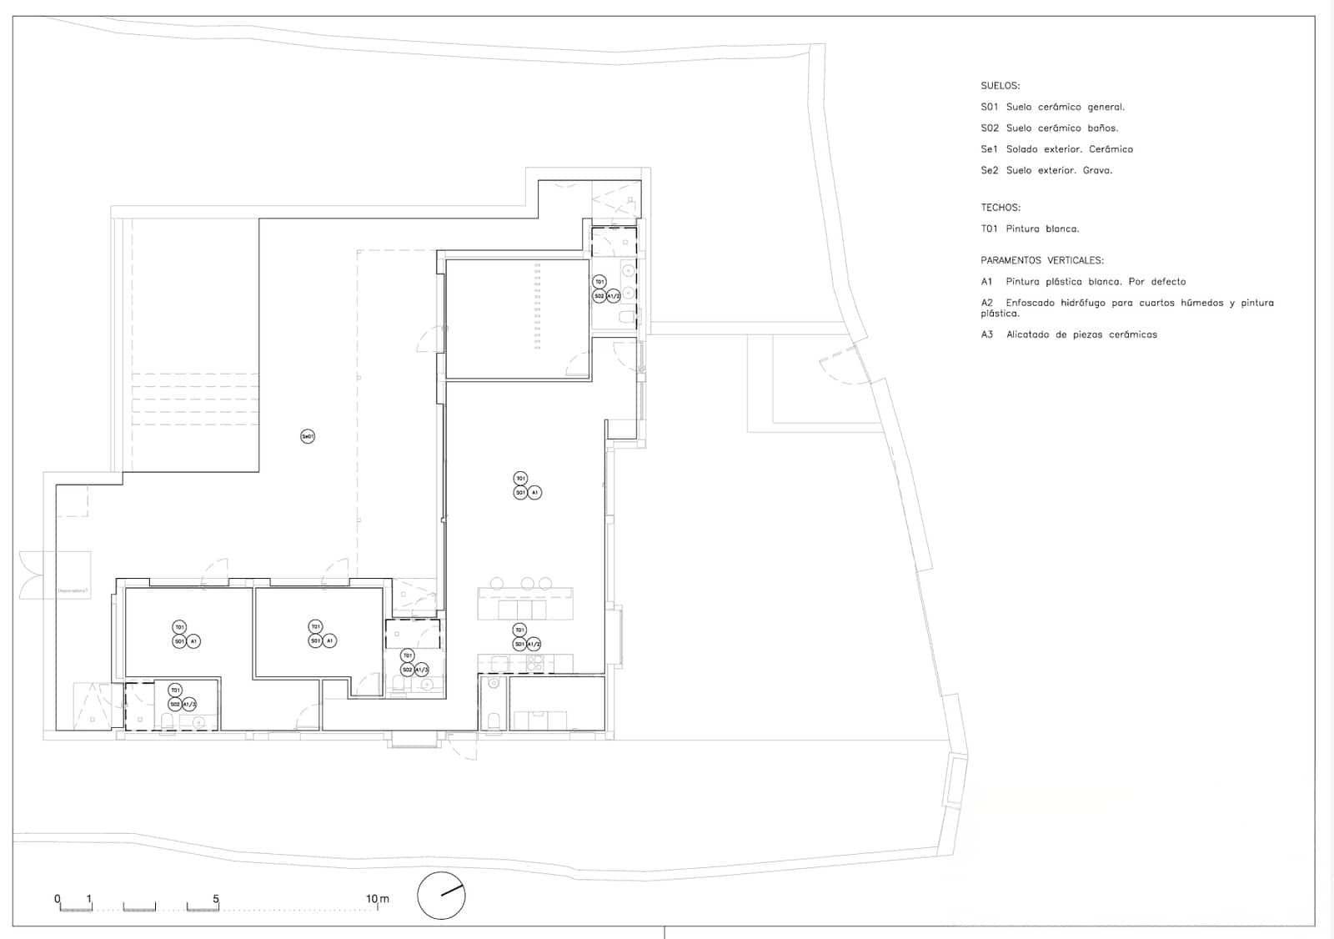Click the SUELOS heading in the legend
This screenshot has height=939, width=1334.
[1000, 86]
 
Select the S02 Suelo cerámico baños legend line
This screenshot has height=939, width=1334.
[1049, 128]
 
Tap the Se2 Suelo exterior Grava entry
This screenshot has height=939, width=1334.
[1046, 170]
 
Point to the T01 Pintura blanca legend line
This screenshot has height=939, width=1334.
[1029, 228]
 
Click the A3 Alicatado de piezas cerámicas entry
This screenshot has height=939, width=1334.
[1068, 334]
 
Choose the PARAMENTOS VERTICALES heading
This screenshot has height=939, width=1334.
[1041, 260]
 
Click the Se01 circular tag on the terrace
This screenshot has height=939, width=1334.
[308, 436]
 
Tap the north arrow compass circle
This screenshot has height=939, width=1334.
[441, 896]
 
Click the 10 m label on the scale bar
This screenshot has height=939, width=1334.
[377, 899]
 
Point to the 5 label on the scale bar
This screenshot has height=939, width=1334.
[216, 899]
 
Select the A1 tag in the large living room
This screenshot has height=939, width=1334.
[534, 493]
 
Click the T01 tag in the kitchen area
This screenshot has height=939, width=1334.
[519, 630]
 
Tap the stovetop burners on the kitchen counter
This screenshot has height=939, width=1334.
[534, 664]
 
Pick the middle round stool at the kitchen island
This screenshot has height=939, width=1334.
[528, 583]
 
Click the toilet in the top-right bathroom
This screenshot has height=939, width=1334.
[625, 317]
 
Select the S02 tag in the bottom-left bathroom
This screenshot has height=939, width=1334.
[175, 705]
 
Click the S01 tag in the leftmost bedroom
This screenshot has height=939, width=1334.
[179, 641]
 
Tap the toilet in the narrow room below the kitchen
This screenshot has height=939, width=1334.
[492, 720]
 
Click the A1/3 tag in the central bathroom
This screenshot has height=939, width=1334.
[421, 670]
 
